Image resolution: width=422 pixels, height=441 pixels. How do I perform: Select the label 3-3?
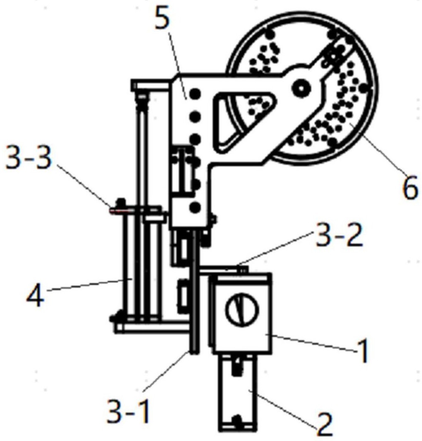[x=29, y=159]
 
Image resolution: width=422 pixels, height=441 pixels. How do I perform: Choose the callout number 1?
[x=364, y=351]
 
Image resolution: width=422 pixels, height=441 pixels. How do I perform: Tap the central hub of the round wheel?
[x=301, y=89]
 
